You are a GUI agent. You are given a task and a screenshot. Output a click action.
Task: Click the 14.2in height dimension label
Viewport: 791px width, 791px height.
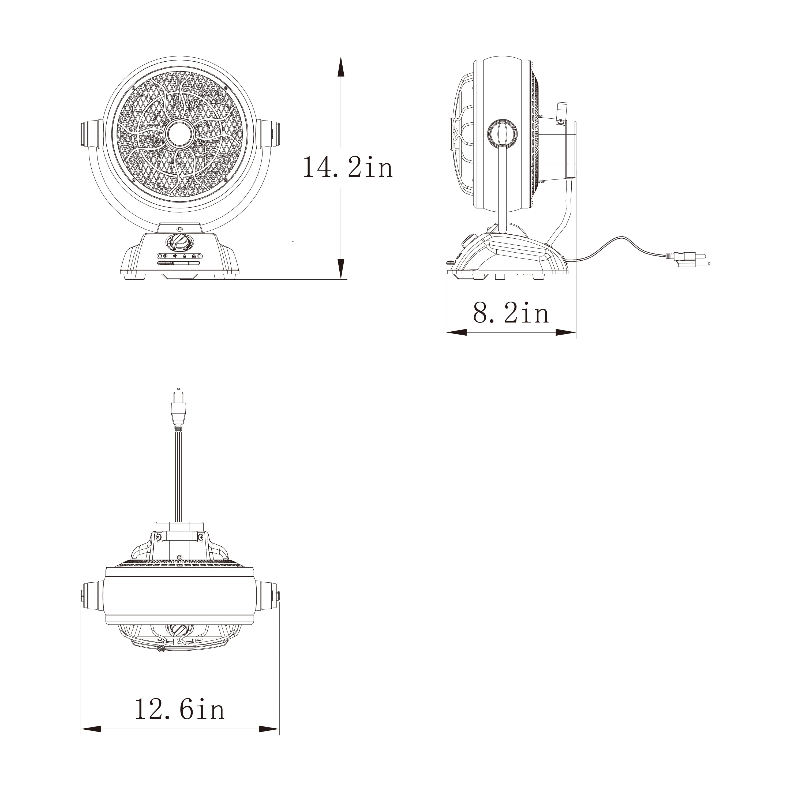coord(348,167)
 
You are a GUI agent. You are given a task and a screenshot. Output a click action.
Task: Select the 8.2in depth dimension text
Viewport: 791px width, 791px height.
coord(511,313)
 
